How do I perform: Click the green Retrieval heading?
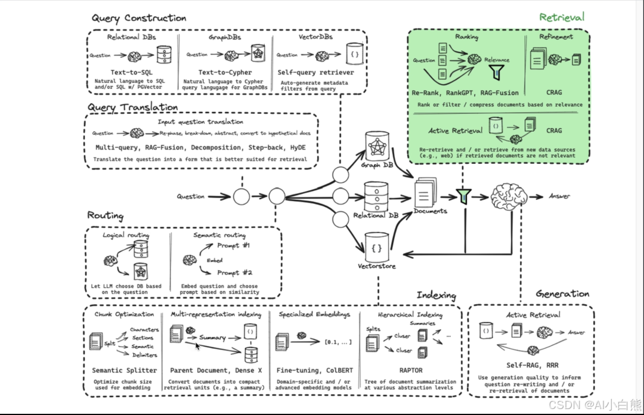click(x=562, y=17)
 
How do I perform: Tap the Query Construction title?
click(x=138, y=18)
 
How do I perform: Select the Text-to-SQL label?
click(x=132, y=73)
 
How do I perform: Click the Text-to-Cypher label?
click(x=225, y=73)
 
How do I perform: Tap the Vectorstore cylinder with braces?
click(x=376, y=246)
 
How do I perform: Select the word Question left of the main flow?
click(x=191, y=196)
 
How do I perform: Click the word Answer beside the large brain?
click(x=559, y=196)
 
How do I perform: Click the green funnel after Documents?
click(x=463, y=195)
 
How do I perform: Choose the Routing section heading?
click(x=106, y=216)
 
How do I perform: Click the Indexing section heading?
click(x=436, y=296)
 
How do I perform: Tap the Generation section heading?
click(x=562, y=294)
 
